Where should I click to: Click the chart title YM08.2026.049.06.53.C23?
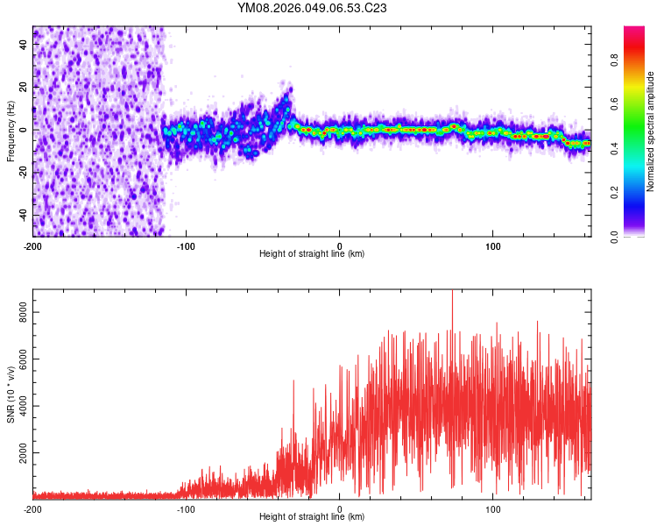pos(312,9)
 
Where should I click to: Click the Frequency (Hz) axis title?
pos(11,131)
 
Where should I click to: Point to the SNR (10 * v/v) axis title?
pos(11,394)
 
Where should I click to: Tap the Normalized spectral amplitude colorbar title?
pos(650,131)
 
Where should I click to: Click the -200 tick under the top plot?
pos(33,245)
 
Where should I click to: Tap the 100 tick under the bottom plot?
pos(492,508)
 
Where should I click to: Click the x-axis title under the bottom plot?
pos(312,517)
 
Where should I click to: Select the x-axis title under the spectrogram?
pos(312,254)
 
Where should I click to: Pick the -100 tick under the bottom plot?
pos(186,508)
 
